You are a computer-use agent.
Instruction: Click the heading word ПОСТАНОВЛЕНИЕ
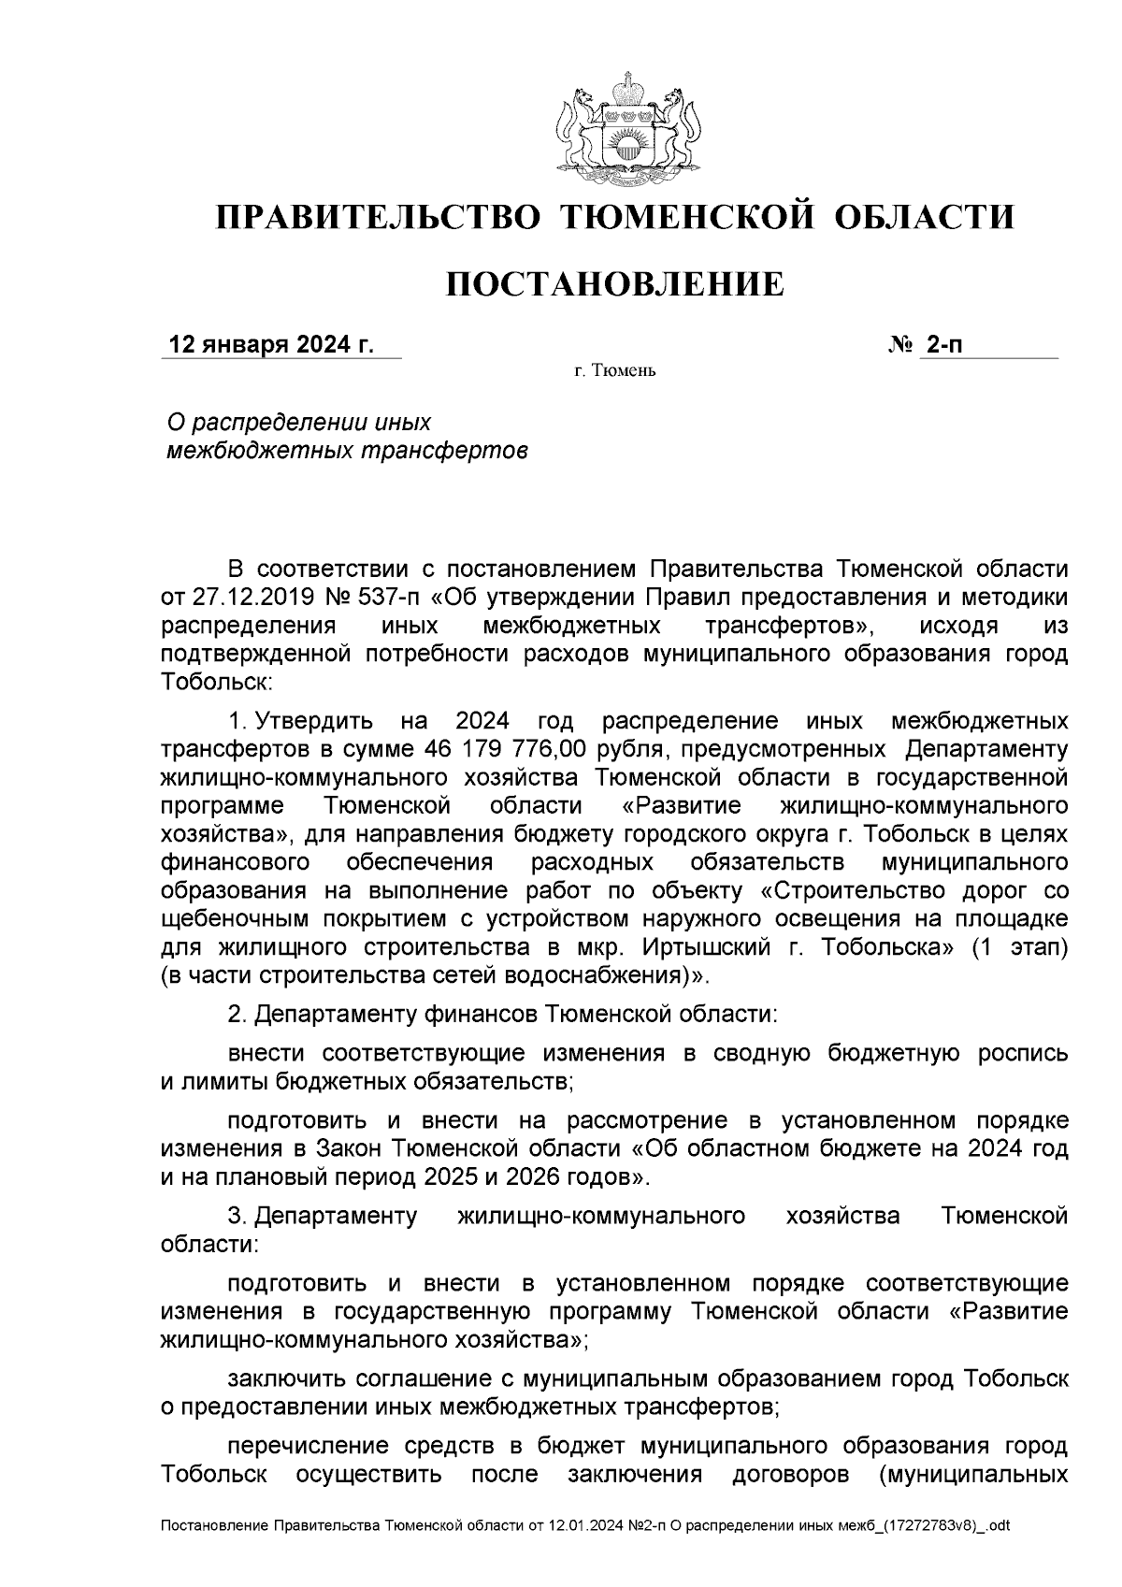click(613, 283)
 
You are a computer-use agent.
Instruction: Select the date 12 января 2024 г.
click(269, 345)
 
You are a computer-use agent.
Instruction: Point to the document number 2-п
click(942, 345)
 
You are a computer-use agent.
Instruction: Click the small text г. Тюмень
click(614, 371)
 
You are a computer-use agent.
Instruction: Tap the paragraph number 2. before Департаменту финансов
click(237, 1014)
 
